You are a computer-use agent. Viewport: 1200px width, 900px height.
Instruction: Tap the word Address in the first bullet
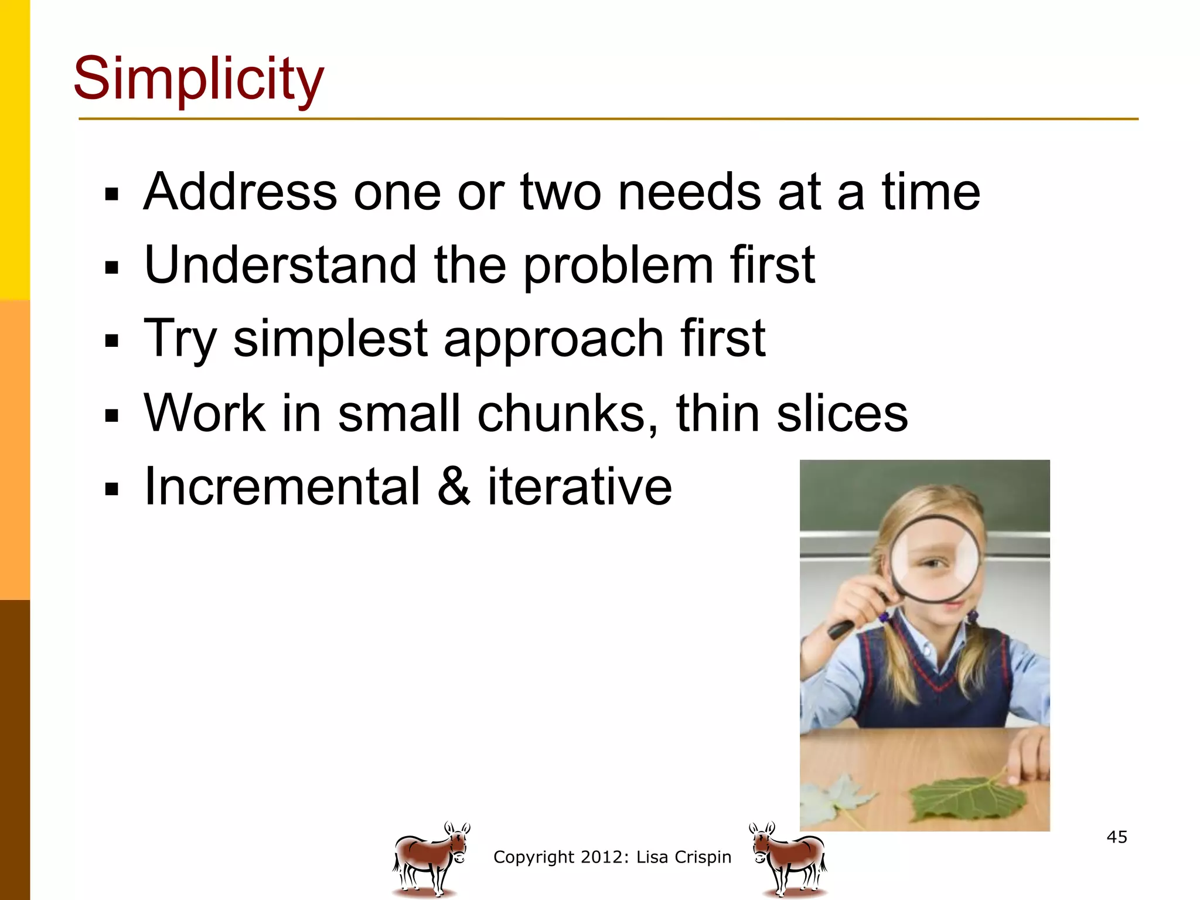point(240,192)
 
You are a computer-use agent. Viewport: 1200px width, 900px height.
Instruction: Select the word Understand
point(281,265)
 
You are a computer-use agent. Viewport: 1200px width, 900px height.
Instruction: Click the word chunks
point(567,413)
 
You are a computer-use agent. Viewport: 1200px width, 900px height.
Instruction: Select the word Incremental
point(282,486)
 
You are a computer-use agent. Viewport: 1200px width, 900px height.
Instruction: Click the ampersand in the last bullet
point(454,486)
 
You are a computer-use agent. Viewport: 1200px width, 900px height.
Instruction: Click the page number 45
point(1116,837)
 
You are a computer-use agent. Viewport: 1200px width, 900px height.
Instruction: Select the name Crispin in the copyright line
point(703,857)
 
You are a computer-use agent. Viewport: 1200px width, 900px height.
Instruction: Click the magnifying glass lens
point(935,560)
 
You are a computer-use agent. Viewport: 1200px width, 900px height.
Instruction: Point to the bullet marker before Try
point(111,340)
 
